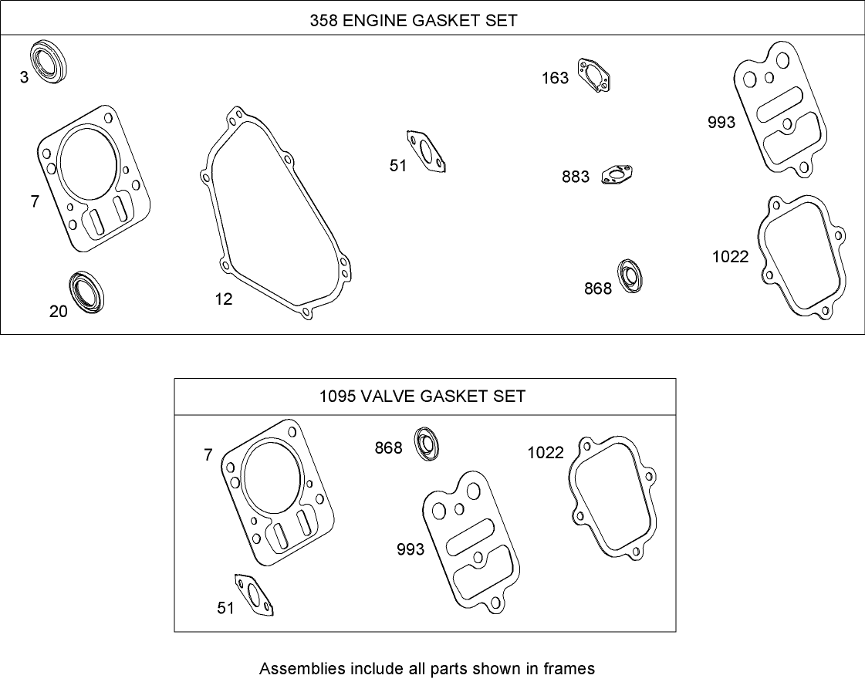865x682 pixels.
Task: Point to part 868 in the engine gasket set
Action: pos(631,277)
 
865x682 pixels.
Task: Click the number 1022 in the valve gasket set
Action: pos(546,453)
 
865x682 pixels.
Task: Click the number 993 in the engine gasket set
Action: pos(721,122)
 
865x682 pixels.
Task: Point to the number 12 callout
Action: pos(224,299)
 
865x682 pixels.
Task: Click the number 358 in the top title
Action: pos(323,21)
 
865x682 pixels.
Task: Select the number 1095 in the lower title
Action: pos(336,397)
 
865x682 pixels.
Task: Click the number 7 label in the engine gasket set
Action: pos(35,201)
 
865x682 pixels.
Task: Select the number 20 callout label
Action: pos(59,311)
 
